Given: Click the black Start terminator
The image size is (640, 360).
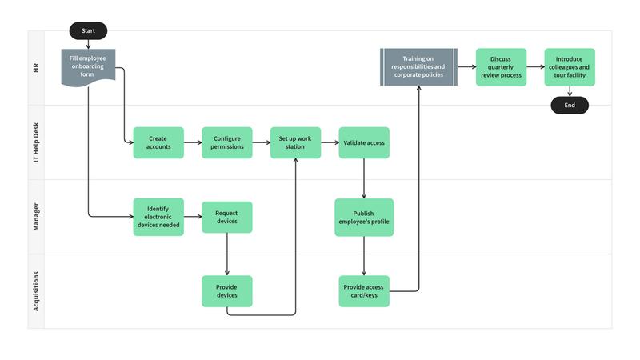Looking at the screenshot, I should (x=88, y=31).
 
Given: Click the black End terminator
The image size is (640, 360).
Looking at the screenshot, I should (x=569, y=105).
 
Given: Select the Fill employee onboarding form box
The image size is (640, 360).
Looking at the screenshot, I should (x=88, y=65).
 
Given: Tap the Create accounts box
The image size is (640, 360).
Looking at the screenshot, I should (x=158, y=142).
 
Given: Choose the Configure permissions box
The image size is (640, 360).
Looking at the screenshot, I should (x=227, y=142).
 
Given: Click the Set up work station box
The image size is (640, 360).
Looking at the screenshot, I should (x=295, y=142).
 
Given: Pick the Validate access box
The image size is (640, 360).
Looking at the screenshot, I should (x=364, y=142).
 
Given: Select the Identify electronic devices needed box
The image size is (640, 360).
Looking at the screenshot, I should (x=158, y=217).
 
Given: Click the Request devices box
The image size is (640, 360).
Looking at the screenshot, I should (x=227, y=217).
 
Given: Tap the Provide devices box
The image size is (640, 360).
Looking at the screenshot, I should (x=227, y=291).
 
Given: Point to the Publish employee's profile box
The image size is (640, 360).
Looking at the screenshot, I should (x=364, y=217).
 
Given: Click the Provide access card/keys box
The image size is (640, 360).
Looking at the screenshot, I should (x=364, y=291).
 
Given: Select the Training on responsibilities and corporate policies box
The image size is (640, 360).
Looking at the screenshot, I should (x=418, y=67).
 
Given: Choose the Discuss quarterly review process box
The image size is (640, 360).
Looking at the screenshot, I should (x=501, y=67).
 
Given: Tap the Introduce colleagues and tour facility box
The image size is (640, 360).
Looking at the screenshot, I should (x=569, y=67).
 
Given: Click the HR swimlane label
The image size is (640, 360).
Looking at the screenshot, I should (x=36, y=68).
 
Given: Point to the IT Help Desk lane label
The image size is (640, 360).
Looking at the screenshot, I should (x=36, y=142).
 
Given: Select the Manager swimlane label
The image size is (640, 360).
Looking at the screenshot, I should (x=36, y=217).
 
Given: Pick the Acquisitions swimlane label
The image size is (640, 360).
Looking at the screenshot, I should (x=36, y=291).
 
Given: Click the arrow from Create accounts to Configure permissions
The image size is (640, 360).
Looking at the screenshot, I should (x=193, y=142).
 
